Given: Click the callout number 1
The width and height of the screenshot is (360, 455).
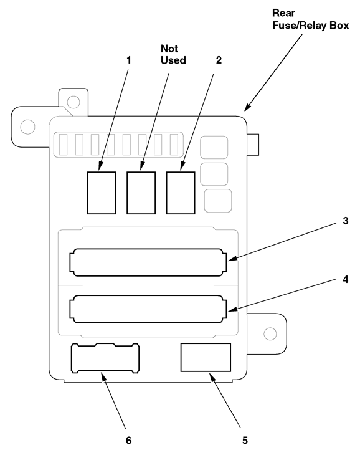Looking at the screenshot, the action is pos(129,60).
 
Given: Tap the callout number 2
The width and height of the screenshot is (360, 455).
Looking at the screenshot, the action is pos(219,60).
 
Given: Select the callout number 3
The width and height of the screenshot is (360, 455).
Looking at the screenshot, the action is pos(345,221).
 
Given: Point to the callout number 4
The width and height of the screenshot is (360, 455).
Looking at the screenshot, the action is pos(345,279).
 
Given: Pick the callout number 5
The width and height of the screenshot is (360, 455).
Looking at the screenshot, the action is pos(245,440).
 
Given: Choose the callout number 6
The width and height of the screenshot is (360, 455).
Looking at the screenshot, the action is pos(128,440).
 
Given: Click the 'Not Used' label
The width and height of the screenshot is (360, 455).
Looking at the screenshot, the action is pos(173,54).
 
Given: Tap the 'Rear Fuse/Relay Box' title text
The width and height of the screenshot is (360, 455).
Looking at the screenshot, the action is pos(310,19).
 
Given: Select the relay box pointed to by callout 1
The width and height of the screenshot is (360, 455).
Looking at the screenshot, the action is pos(102,193).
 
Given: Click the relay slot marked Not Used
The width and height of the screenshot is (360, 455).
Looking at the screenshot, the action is pos(141,193).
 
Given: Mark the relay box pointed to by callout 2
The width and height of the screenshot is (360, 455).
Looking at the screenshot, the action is pos(181,193).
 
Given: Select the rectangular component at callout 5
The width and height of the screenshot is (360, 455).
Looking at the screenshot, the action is pos(206,358).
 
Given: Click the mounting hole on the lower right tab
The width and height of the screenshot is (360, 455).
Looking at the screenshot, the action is pos(270,333).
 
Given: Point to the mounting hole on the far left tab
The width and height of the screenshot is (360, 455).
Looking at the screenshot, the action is pos(27,127).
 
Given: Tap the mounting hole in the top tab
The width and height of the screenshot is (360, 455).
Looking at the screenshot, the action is pos(73,102).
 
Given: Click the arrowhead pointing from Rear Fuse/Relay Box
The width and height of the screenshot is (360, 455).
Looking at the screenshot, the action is pos(247,107).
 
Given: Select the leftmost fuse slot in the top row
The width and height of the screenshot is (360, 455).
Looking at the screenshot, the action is pos(63,144).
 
